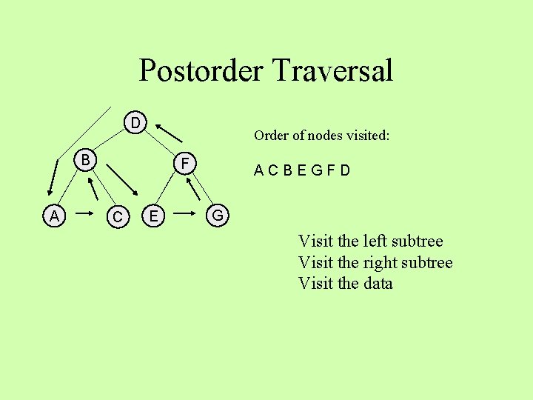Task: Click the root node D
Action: click(135, 121)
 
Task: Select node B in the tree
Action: click(86, 159)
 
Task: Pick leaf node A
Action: click(54, 216)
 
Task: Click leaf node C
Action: click(116, 217)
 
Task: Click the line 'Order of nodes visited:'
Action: click(321, 136)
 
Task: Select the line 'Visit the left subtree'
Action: click(370, 241)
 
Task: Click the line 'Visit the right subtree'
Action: click(375, 262)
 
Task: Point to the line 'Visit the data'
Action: click(345, 283)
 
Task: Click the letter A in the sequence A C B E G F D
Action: click(258, 171)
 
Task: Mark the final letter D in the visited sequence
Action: click(346, 171)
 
